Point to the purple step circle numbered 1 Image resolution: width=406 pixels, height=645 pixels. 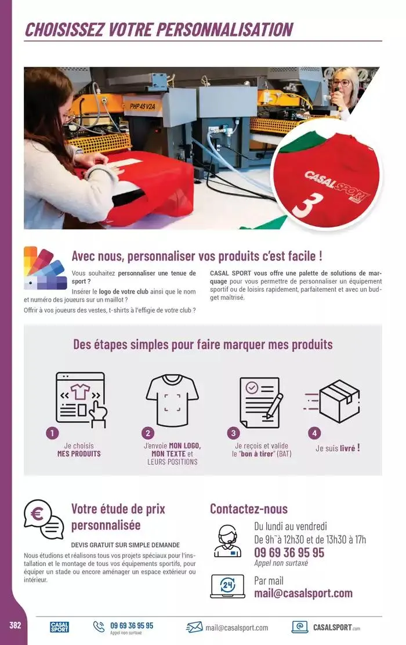(53, 433)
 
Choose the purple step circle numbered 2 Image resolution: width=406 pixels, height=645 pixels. (148, 433)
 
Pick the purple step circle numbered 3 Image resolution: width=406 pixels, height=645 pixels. (234, 433)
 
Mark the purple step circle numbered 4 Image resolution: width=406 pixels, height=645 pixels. (314, 433)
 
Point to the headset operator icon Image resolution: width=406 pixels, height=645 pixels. (228, 541)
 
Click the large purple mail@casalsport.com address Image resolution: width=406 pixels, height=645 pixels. (303, 593)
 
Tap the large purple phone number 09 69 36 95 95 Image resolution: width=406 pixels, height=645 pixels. (289, 553)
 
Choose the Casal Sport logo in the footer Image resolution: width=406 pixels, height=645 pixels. (59, 627)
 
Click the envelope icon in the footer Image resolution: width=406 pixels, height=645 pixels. (194, 627)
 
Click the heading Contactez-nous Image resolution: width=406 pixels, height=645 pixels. (248, 509)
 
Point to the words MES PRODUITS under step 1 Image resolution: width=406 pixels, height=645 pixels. (79, 454)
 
